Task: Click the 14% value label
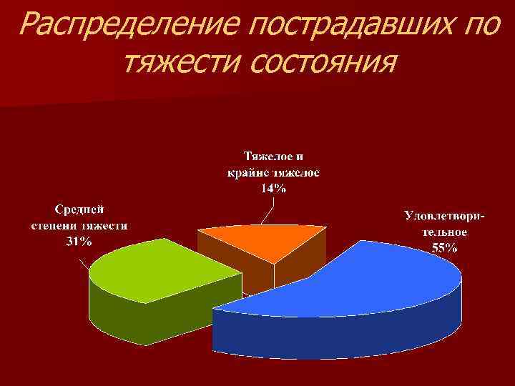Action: (x=273, y=189)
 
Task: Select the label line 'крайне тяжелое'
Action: (x=273, y=173)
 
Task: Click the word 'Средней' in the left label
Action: (x=79, y=209)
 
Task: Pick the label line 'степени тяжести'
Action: (x=79, y=226)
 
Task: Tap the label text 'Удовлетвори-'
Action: (x=444, y=215)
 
